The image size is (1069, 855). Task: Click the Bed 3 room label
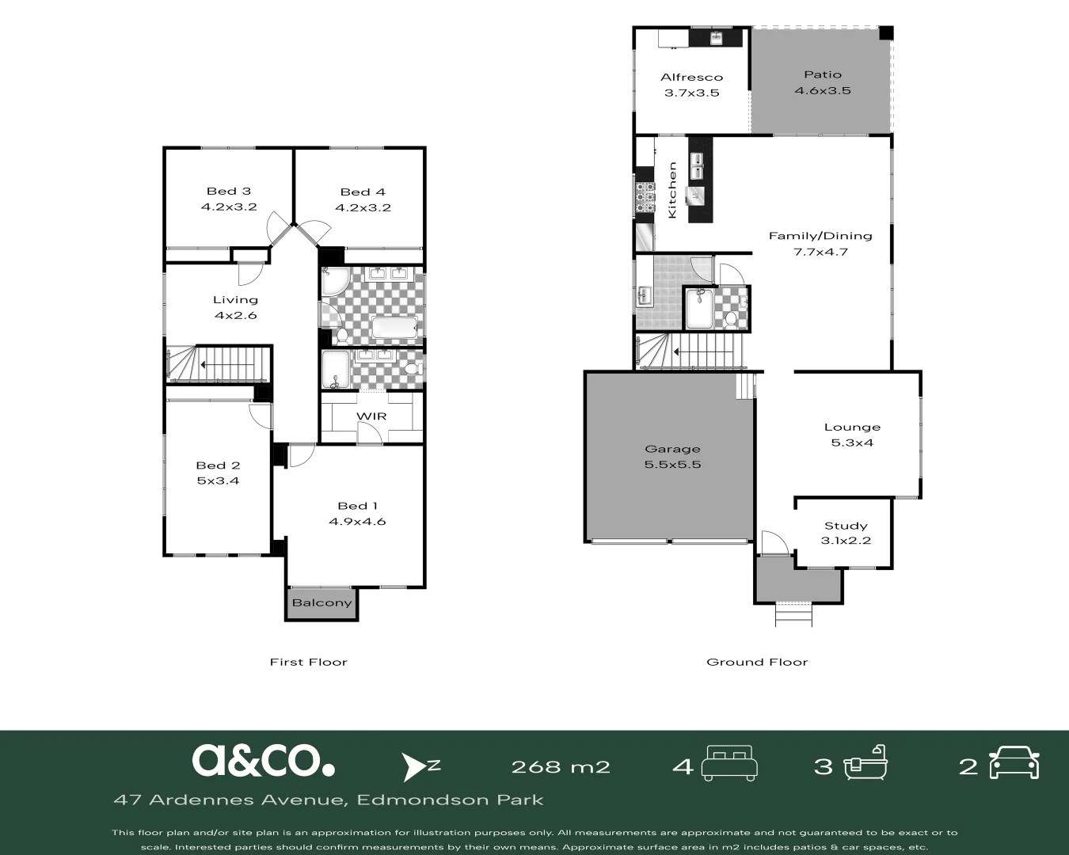229,191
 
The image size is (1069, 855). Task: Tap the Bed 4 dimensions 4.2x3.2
363,207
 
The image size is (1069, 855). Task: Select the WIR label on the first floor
371,416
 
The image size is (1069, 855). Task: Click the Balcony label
321,602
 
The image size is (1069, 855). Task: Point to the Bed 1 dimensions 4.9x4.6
357,521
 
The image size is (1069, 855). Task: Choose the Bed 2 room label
218,465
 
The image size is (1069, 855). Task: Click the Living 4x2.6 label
235,307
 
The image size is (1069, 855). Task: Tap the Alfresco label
691,77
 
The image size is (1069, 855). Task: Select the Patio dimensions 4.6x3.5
823,90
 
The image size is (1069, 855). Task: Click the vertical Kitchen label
672,190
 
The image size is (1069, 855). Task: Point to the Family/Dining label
820,235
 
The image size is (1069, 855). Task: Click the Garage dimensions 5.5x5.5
672,464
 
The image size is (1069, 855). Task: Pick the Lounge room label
852,427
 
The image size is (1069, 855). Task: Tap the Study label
846,526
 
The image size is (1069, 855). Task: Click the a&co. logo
263,760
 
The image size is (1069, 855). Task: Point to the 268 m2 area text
561,766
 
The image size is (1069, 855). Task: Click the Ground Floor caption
757,662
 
